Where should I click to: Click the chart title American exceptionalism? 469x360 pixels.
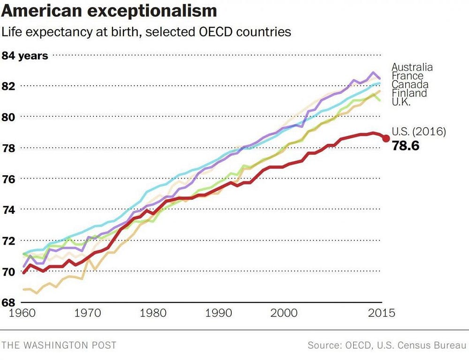coord(109,11)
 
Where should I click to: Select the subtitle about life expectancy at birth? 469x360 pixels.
coord(146,32)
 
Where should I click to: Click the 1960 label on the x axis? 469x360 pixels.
coord(23,313)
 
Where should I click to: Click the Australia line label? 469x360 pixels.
coord(412,67)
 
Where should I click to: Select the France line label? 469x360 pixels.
coord(408,76)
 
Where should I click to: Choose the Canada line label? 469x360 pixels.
coord(410,84)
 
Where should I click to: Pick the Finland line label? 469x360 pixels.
coord(409,93)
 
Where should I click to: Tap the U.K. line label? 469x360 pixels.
coord(401,101)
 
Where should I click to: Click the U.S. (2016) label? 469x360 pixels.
coord(418,132)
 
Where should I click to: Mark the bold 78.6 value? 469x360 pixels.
coord(406,146)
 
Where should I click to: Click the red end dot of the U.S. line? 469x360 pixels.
coord(386,139)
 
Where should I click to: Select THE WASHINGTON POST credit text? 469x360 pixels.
coord(59,345)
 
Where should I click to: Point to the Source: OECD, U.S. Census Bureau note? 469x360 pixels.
coord(387,345)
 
